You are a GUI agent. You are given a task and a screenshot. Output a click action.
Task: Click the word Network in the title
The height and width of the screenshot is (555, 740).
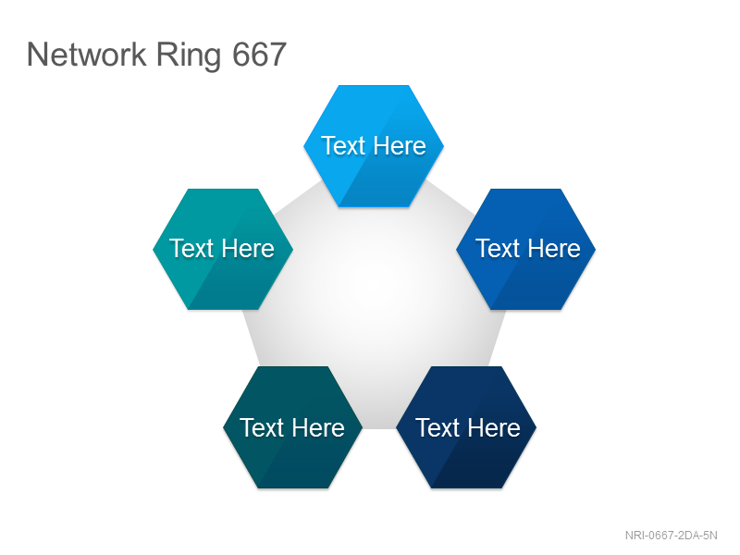pos(86,55)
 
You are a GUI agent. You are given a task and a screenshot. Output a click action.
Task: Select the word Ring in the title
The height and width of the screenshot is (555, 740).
pos(189,56)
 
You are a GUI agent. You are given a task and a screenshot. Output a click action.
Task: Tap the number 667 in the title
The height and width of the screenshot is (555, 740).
pos(259,55)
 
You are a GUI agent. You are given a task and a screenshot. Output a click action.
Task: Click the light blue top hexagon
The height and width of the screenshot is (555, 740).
pos(374,146)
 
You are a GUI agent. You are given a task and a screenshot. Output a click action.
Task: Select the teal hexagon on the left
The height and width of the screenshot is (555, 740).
pos(223,249)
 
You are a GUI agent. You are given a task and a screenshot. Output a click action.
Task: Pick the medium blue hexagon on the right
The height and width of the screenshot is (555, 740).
pos(525,249)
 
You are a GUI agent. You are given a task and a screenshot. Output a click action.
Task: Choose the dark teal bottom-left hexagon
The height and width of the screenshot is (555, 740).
pos(292,427)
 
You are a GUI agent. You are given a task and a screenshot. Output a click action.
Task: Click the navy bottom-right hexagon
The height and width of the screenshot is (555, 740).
pos(466,427)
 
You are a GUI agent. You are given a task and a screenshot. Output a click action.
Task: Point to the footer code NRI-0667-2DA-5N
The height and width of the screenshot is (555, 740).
pos(672,536)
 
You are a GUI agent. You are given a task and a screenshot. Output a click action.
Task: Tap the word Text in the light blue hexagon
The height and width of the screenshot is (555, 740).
pos(343,145)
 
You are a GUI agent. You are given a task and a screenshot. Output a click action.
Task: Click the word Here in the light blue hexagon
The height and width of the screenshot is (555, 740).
pos(399,145)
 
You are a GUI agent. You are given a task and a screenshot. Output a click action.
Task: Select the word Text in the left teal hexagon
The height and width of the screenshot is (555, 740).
pos(191,248)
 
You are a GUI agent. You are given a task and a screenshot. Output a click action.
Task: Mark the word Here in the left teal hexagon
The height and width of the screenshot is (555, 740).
pos(247,248)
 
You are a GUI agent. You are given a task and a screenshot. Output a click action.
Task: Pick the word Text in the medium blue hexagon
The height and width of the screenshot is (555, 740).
pos(498,248)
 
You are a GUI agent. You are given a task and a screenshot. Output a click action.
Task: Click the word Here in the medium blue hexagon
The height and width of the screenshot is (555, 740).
pos(553,248)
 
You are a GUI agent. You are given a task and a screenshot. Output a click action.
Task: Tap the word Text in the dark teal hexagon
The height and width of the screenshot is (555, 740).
pos(262,427)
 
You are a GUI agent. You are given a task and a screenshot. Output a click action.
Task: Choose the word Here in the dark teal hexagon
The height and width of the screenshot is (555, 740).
pos(317,427)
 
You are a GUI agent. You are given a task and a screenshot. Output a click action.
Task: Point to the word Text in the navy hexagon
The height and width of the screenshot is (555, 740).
pos(438,427)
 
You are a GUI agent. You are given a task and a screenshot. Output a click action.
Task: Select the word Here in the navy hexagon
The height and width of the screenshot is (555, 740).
pos(493,427)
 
